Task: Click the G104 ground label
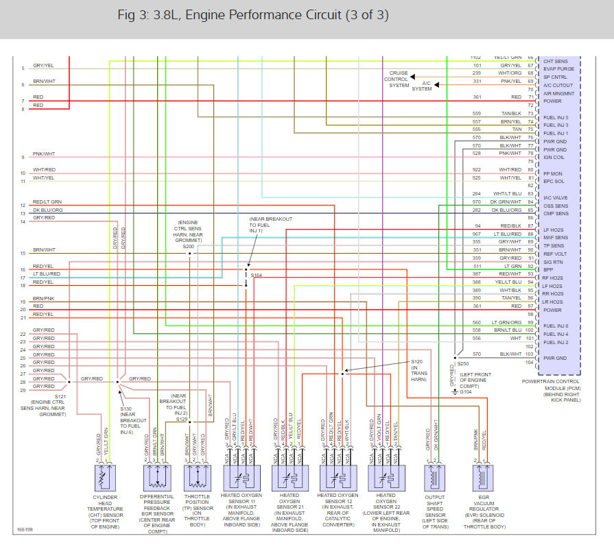(467, 392)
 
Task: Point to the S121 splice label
(41, 398)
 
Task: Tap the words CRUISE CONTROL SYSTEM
(398, 79)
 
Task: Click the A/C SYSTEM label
(423, 85)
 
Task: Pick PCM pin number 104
(529, 361)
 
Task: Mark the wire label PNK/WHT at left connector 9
(44, 154)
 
